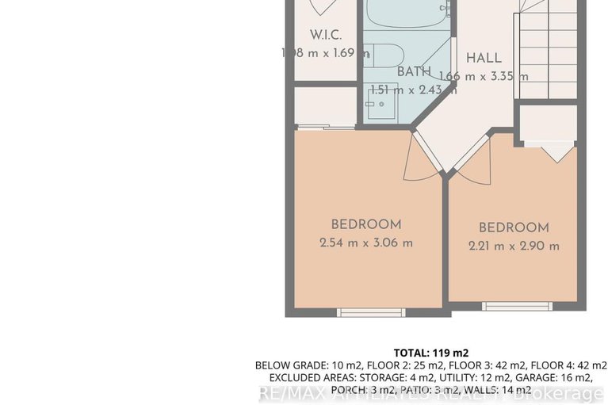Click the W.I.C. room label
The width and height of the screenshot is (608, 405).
tap(325, 36)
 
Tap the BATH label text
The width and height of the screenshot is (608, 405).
tap(414, 71)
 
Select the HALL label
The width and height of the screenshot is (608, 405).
tap(484, 58)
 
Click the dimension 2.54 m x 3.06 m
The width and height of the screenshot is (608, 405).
tap(366, 243)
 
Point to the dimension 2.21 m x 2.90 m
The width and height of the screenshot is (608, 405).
tap(514, 246)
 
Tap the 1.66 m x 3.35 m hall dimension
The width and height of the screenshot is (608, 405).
tap(494, 76)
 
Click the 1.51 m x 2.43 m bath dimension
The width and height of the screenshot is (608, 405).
tap(413, 90)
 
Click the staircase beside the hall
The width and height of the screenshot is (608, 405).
tap(547, 48)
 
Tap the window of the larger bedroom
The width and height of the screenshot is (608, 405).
tap(371, 312)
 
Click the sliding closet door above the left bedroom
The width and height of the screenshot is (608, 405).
tap(325, 126)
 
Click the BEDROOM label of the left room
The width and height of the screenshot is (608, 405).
tap(366, 224)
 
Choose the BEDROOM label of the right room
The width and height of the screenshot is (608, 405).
tap(514, 227)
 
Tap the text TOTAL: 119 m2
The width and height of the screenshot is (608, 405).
tap(431, 353)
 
